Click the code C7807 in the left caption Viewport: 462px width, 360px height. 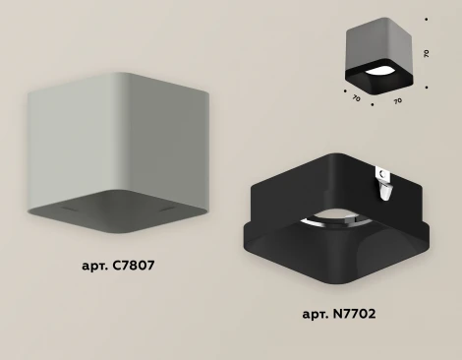point(134,266)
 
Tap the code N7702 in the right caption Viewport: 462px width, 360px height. point(354,314)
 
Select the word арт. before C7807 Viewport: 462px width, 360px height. point(95,266)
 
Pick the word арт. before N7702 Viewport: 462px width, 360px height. point(316,315)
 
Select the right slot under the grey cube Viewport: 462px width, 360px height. point(168,209)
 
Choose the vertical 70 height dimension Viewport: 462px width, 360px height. point(426,53)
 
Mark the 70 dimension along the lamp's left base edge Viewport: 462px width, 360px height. point(356,97)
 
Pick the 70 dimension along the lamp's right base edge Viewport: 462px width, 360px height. point(397,101)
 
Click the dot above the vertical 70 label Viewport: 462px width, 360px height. point(426,20)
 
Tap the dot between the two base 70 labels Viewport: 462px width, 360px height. point(373,105)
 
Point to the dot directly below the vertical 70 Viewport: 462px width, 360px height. point(427,88)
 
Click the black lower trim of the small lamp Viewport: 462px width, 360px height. point(378,81)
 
